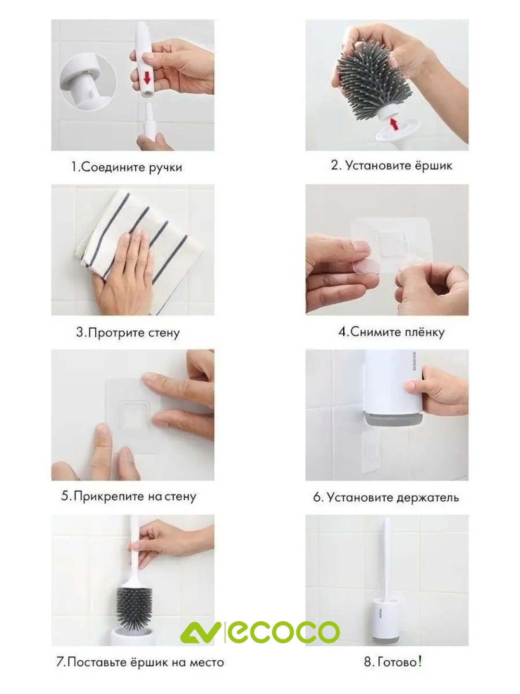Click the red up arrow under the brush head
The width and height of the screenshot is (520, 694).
(x=393, y=123)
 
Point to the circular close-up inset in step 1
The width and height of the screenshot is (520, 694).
(x=88, y=82)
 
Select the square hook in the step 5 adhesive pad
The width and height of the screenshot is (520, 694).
(x=132, y=415)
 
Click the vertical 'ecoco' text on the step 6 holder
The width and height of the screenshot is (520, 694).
(x=415, y=361)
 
